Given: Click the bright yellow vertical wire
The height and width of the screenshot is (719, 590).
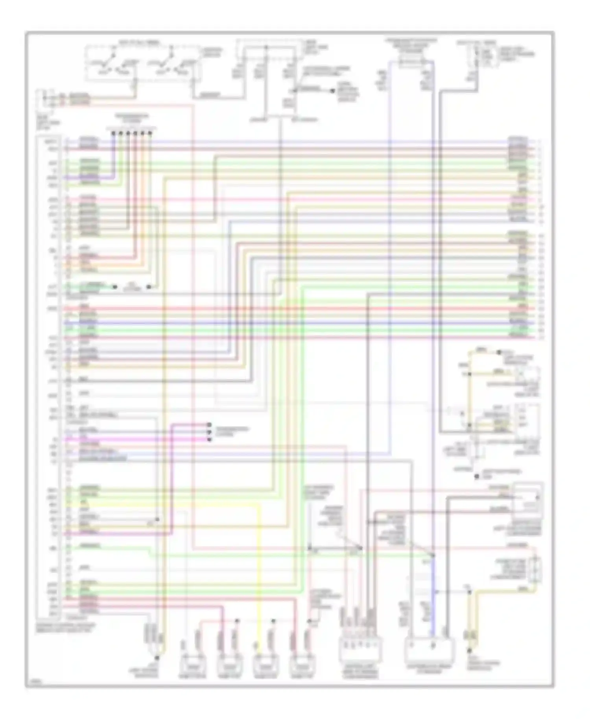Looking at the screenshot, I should pyautogui.click(x=260, y=570).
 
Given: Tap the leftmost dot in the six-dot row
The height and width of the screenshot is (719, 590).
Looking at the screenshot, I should pyautogui.click(x=113, y=133).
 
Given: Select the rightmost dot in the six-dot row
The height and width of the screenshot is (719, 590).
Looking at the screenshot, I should pyautogui.click(x=150, y=133).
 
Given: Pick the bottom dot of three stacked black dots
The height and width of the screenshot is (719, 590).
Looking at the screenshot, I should pyautogui.click(x=209, y=439).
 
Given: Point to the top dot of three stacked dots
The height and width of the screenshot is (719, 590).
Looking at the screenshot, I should pyautogui.click(x=209, y=425).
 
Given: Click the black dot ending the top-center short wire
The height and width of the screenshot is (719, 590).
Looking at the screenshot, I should pyautogui.click(x=332, y=90).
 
